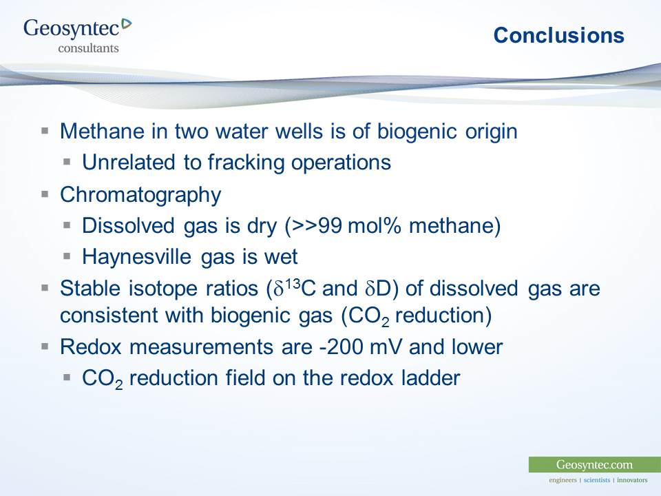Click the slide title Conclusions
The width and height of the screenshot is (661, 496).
[x=558, y=36]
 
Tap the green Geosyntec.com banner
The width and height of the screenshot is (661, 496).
[x=594, y=464]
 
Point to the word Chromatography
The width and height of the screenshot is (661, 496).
[x=140, y=195]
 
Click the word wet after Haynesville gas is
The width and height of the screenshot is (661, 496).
[x=282, y=257]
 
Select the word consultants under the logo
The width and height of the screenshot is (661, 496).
[x=88, y=48]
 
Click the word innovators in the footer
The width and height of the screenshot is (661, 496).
[x=632, y=479]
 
